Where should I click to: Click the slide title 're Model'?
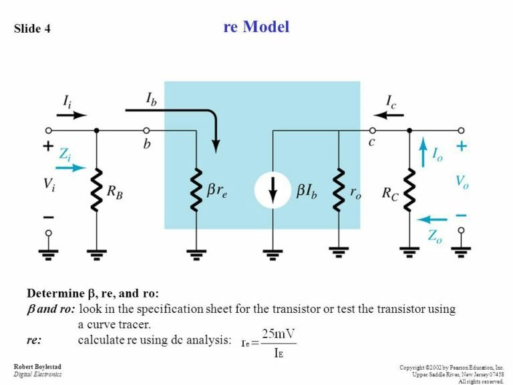coord(256,27)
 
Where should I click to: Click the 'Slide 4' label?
coord(32,29)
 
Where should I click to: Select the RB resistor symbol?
coord(96,190)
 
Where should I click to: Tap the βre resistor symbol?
coord(196,190)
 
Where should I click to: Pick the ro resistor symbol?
coord(339,190)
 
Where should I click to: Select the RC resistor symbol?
coord(409,190)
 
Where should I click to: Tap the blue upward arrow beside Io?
coord(422,152)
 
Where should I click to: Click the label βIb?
coord(311,191)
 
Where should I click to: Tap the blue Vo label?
coord(462,180)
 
